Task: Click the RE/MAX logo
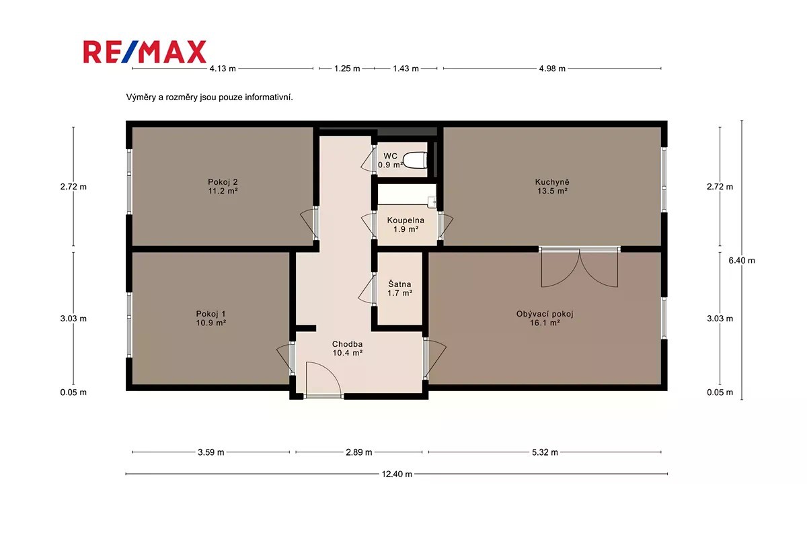145,52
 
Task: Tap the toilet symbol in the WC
415,160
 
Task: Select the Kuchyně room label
552,182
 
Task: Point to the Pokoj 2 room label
223,182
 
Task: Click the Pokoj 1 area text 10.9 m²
210,323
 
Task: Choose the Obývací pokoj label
544,314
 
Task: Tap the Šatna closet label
399,284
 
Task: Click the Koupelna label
406,220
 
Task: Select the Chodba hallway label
347,344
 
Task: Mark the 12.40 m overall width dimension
397,474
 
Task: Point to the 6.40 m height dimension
741,260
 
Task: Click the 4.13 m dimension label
223,69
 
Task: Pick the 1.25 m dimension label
347,69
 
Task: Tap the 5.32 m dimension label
545,452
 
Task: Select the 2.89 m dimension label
359,452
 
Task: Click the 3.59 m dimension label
210,452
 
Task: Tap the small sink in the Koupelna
432,202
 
